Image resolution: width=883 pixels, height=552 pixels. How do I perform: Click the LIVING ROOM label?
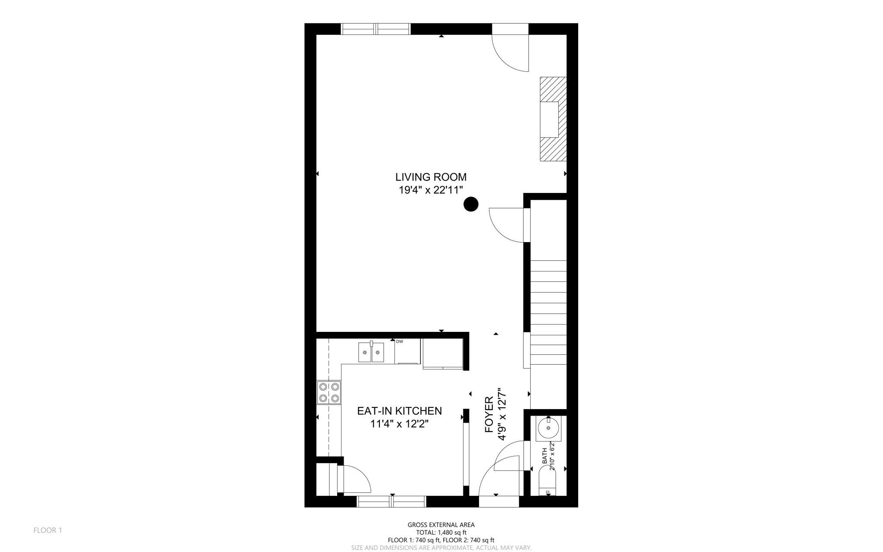coord(431,177)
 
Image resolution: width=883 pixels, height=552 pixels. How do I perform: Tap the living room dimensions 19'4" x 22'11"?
coord(431,190)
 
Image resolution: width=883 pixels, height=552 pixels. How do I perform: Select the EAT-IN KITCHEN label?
coord(399,411)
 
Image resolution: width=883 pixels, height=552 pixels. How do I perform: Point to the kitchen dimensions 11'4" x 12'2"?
coord(399,424)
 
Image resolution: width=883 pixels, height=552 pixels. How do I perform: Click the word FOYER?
coord(489,414)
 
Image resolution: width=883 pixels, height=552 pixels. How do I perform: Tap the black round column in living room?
coord(471,204)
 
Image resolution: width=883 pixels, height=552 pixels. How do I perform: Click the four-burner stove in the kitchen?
coord(329,392)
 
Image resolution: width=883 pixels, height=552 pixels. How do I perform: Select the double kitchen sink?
coord(371,352)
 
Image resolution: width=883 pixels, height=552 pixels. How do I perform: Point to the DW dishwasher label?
coord(400,341)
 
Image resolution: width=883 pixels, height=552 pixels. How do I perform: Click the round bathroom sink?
coord(548,428)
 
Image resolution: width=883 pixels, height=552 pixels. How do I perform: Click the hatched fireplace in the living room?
coord(553,119)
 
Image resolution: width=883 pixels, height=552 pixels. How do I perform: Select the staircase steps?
coord(548,312)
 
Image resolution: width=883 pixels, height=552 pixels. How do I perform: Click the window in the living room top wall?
coord(376,29)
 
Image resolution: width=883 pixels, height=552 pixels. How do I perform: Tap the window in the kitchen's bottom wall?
coord(391,502)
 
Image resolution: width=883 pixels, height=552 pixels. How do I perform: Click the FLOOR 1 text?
coord(48,530)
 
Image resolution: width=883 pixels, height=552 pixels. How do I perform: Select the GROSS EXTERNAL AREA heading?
coord(441,525)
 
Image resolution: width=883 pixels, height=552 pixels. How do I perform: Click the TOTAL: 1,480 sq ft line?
coord(441,533)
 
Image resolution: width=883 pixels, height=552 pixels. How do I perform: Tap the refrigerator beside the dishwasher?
coord(443,353)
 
